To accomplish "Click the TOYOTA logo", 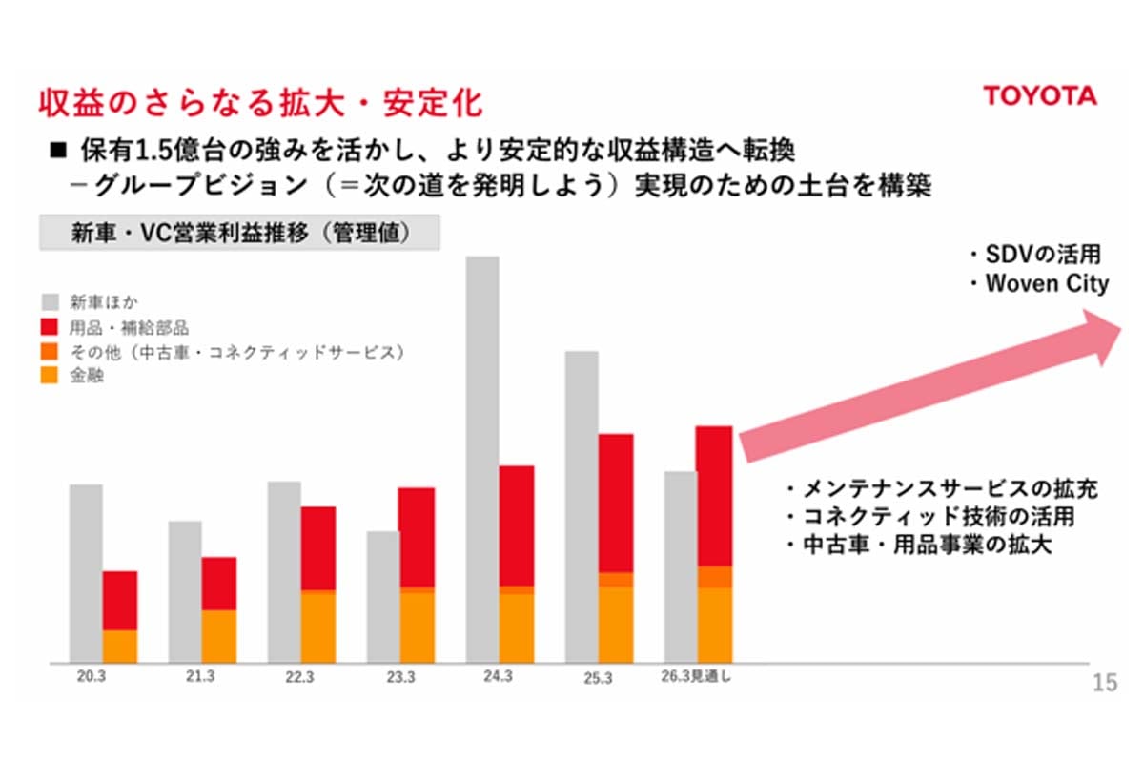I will (x=1039, y=96).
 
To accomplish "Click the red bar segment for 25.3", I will (x=616, y=503).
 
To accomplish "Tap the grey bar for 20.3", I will (x=86, y=572).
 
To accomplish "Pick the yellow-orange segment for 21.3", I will (x=219, y=636).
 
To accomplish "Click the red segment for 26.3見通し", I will (x=714, y=496).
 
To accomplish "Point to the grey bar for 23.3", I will (x=382, y=596).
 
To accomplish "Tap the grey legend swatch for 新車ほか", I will (x=51, y=303).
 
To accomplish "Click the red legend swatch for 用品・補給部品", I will (x=51, y=328).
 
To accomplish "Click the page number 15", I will (x=1104, y=683).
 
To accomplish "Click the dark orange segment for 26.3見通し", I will (x=714, y=577).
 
